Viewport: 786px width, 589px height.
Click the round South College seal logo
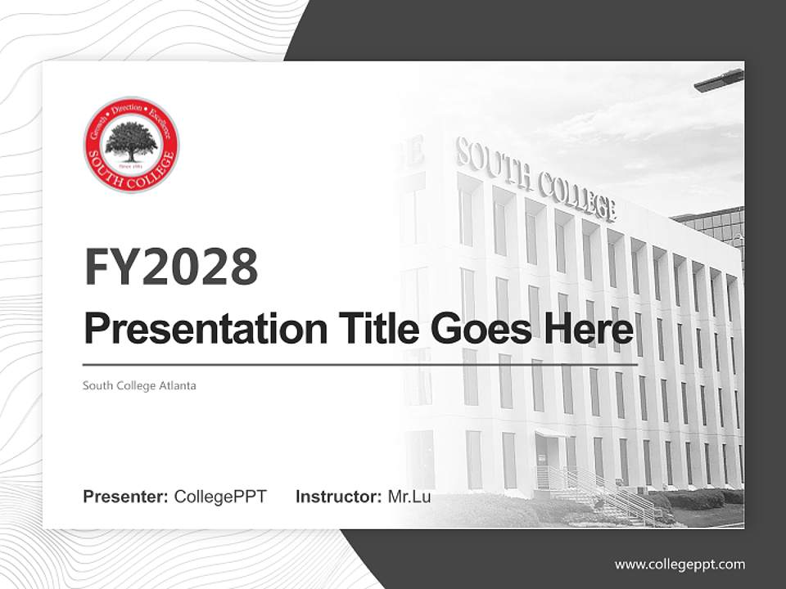[x=131, y=144]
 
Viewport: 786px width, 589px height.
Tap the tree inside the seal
[x=131, y=141]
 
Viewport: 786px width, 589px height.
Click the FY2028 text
[x=170, y=267]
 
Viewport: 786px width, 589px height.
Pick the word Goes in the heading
[x=476, y=329]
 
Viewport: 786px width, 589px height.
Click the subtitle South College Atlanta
[x=139, y=385]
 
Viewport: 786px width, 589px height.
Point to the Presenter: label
[x=126, y=497]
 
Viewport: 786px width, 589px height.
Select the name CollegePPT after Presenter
[x=220, y=497]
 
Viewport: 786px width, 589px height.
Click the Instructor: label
[x=338, y=497]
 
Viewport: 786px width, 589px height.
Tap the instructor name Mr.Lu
[x=409, y=497]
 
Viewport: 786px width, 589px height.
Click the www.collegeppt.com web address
[x=680, y=564]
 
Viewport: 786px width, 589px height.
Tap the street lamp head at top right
[x=718, y=80]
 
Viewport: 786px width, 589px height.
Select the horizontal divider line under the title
[x=360, y=364]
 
